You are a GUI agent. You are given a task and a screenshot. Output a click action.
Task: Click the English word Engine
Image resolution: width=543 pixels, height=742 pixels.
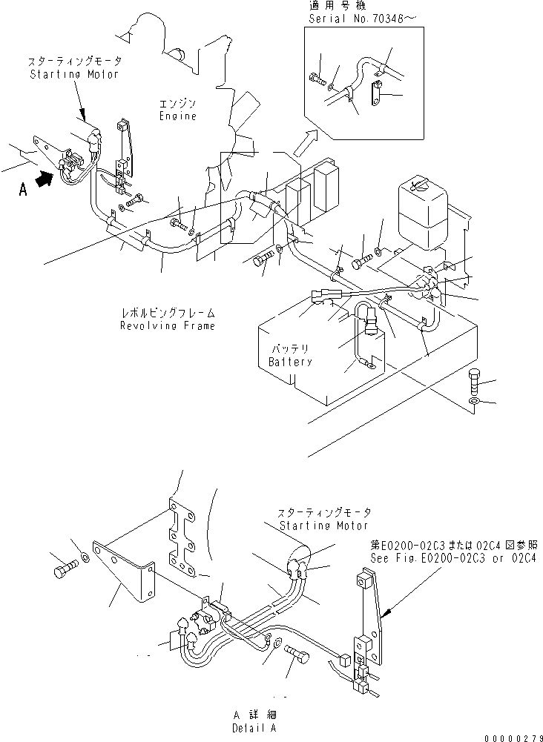pos(178,116)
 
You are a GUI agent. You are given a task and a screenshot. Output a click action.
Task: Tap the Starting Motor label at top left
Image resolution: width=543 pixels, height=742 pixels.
pos(73,74)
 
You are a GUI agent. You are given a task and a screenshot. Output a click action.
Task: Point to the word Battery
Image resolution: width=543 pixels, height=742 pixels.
pos(290,362)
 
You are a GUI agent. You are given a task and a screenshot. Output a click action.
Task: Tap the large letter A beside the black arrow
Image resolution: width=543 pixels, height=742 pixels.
pos(23,190)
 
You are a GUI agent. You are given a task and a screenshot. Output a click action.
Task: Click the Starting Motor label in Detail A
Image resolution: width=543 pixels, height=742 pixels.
pos(323,526)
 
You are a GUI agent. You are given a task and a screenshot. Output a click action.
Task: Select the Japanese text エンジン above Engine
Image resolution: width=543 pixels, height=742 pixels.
pos(178,105)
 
